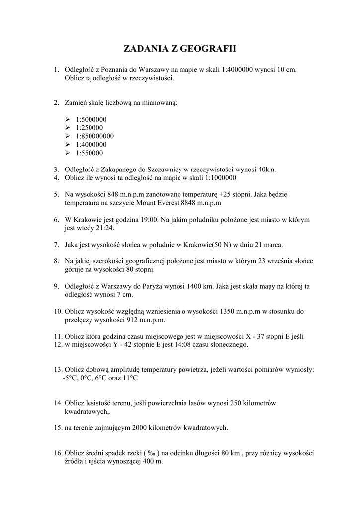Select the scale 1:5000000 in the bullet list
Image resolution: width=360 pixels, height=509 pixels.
tap(91, 119)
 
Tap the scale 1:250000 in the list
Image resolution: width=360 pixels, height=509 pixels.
tap(90, 128)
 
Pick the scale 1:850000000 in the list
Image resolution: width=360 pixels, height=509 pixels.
tap(95, 136)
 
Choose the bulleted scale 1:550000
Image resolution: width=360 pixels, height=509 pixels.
tap(90, 153)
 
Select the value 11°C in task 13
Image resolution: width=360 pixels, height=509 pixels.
tap(128, 378)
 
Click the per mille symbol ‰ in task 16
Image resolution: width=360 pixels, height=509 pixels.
tap(151, 453)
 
